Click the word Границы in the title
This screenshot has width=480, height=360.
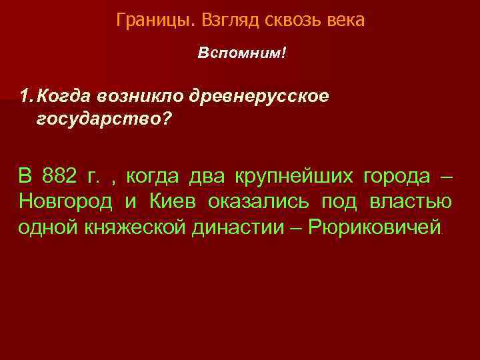click(152, 21)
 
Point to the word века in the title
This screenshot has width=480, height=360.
click(346, 21)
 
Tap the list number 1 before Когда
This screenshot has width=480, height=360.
click(25, 96)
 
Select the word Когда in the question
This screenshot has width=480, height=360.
click(64, 96)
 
